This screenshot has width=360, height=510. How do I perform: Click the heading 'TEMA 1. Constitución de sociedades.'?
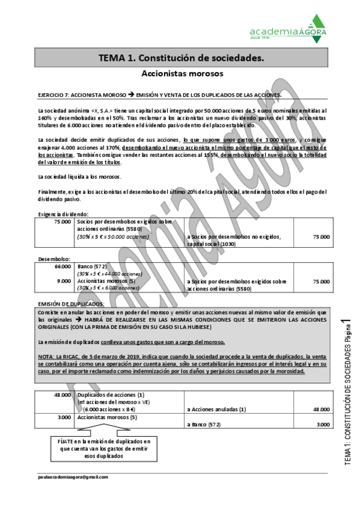tap(181, 58)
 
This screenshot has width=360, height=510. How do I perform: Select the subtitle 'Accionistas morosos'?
tap(181, 73)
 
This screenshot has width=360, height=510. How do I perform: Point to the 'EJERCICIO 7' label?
tap(53, 95)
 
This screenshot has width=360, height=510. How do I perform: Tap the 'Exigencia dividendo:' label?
tap(63, 214)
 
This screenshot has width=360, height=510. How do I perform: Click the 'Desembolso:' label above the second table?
tap(55, 259)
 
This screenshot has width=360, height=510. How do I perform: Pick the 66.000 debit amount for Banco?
tap(62, 266)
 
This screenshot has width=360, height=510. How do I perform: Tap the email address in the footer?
tap(72, 476)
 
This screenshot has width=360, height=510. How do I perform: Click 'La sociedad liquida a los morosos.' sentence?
tap(79, 177)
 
